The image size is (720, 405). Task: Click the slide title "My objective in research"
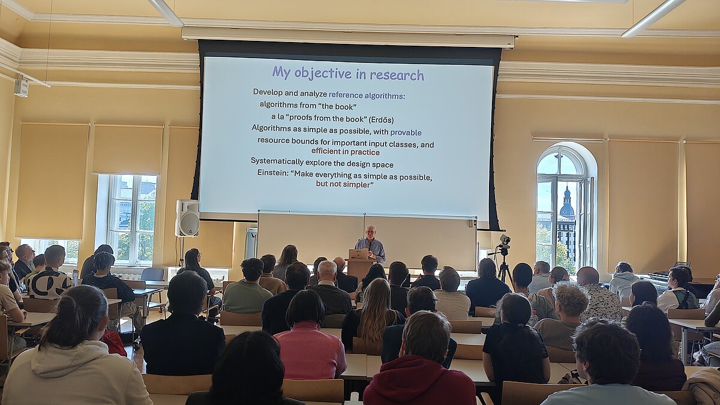click(348, 74)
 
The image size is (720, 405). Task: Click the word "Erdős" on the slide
click(381, 120)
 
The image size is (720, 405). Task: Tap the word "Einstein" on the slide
click(273, 173)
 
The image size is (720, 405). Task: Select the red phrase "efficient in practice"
click(346, 151)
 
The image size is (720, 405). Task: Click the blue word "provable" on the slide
click(406, 132)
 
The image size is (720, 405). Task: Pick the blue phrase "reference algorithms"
click(366, 95)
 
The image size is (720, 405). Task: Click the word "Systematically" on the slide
click(277, 161)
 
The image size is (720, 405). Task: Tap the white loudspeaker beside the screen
click(187, 218)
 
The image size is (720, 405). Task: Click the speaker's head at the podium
click(371, 231)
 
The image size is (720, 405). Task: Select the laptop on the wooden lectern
click(359, 254)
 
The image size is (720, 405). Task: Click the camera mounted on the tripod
click(505, 240)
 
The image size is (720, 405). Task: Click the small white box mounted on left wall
click(21, 87)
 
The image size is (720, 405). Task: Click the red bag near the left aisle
click(115, 343)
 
